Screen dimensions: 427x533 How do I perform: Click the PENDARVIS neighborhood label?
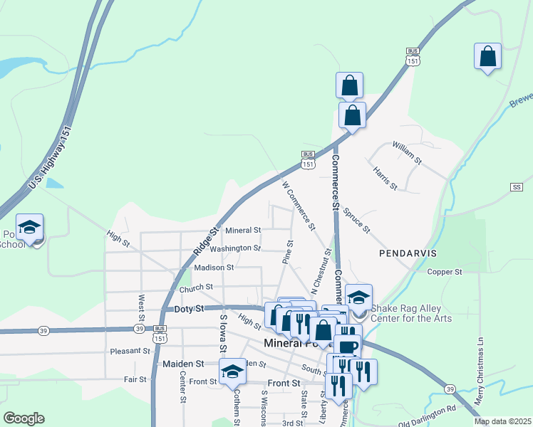pyautogui.click(x=408, y=253)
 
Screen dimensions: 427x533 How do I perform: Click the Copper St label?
pyautogui.click(x=445, y=271)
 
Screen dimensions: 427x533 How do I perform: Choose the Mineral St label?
pyautogui.click(x=243, y=231)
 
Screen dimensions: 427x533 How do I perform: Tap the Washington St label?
pyautogui.click(x=235, y=248)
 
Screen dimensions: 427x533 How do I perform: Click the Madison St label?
pyautogui.click(x=214, y=268)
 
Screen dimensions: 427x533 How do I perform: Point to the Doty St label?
pyautogui.click(x=190, y=309)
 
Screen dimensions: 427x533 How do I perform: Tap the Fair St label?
pyautogui.click(x=134, y=379)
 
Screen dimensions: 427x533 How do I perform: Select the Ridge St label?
pyautogui.click(x=205, y=241)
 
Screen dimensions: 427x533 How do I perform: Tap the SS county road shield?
pyautogui.click(x=517, y=187)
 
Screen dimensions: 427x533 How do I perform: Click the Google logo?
pyautogui.click(x=24, y=418)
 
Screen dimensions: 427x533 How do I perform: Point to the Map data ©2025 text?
pyautogui.click(x=503, y=421)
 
